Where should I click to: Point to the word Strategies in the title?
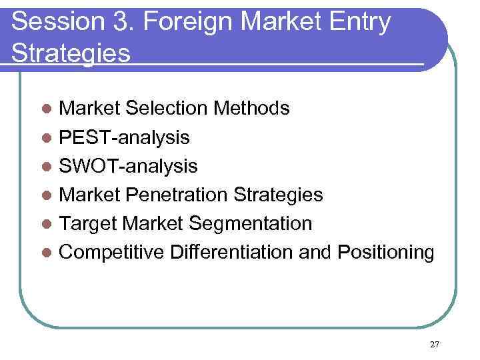click(x=71, y=53)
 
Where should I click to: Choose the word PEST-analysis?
click(x=125, y=137)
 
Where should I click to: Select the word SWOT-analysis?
click(x=129, y=166)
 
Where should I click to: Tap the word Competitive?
click(x=111, y=253)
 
